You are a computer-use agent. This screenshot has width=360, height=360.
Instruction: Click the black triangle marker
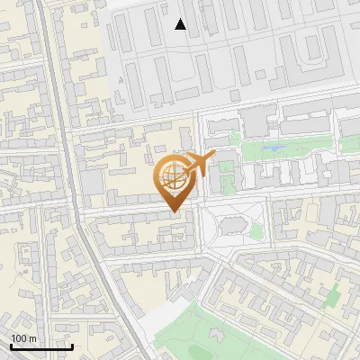pos(181,24)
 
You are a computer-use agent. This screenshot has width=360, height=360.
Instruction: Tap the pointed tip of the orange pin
pos(172,212)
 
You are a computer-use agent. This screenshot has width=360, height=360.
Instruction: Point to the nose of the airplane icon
pos(213,156)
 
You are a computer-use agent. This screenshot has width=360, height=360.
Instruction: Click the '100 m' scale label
pos(23,338)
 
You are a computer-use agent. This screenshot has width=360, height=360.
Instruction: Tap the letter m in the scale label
pos(32,338)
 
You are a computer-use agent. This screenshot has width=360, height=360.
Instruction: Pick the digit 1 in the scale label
pos(13,338)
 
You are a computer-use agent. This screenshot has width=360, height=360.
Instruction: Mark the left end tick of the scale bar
pos(11,346)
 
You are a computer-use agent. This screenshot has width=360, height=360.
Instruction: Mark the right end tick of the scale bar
pos(72,346)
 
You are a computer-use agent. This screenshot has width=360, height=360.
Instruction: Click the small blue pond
pos(275,148)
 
